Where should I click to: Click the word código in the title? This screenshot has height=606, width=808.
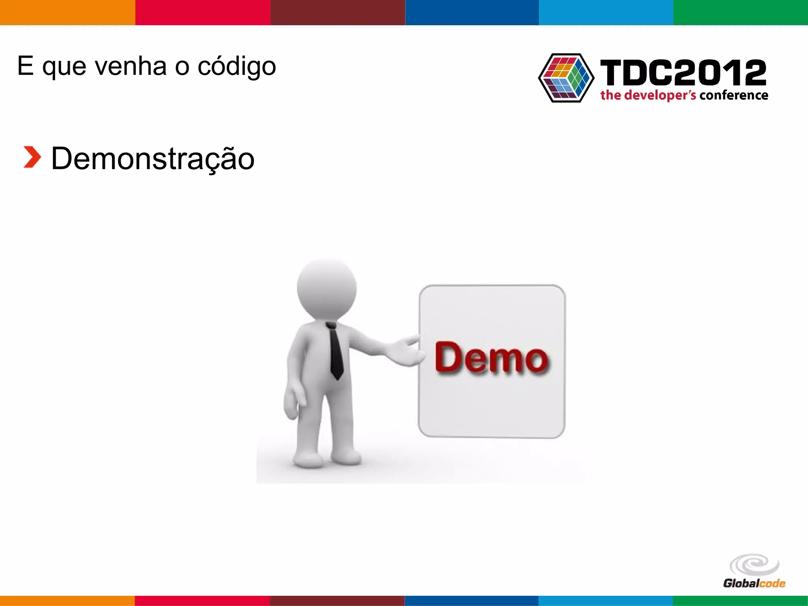click(x=236, y=66)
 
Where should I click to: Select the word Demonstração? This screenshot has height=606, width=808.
click(x=153, y=159)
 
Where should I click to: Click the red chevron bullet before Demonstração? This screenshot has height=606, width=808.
click(x=32, y=157)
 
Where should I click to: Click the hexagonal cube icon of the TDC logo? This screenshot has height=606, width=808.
click(x=566, y=78)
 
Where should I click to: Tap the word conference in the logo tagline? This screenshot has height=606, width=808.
click(x=734, y=95)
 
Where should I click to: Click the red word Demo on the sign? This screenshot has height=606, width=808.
click(x=491, y=358)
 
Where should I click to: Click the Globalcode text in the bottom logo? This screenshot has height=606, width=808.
click(x=754, y=584)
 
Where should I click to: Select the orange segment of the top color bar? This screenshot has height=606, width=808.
click(x=67, y=12)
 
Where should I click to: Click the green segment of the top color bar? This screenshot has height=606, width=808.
click(x=741, y=12)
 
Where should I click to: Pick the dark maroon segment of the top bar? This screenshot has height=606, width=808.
click(x=338, y=12)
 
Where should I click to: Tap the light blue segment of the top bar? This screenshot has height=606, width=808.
click(x=606, y=12)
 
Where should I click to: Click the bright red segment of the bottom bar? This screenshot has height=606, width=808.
click(x=202, y=600)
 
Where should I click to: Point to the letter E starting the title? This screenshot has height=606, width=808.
click(x=25, y=65)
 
